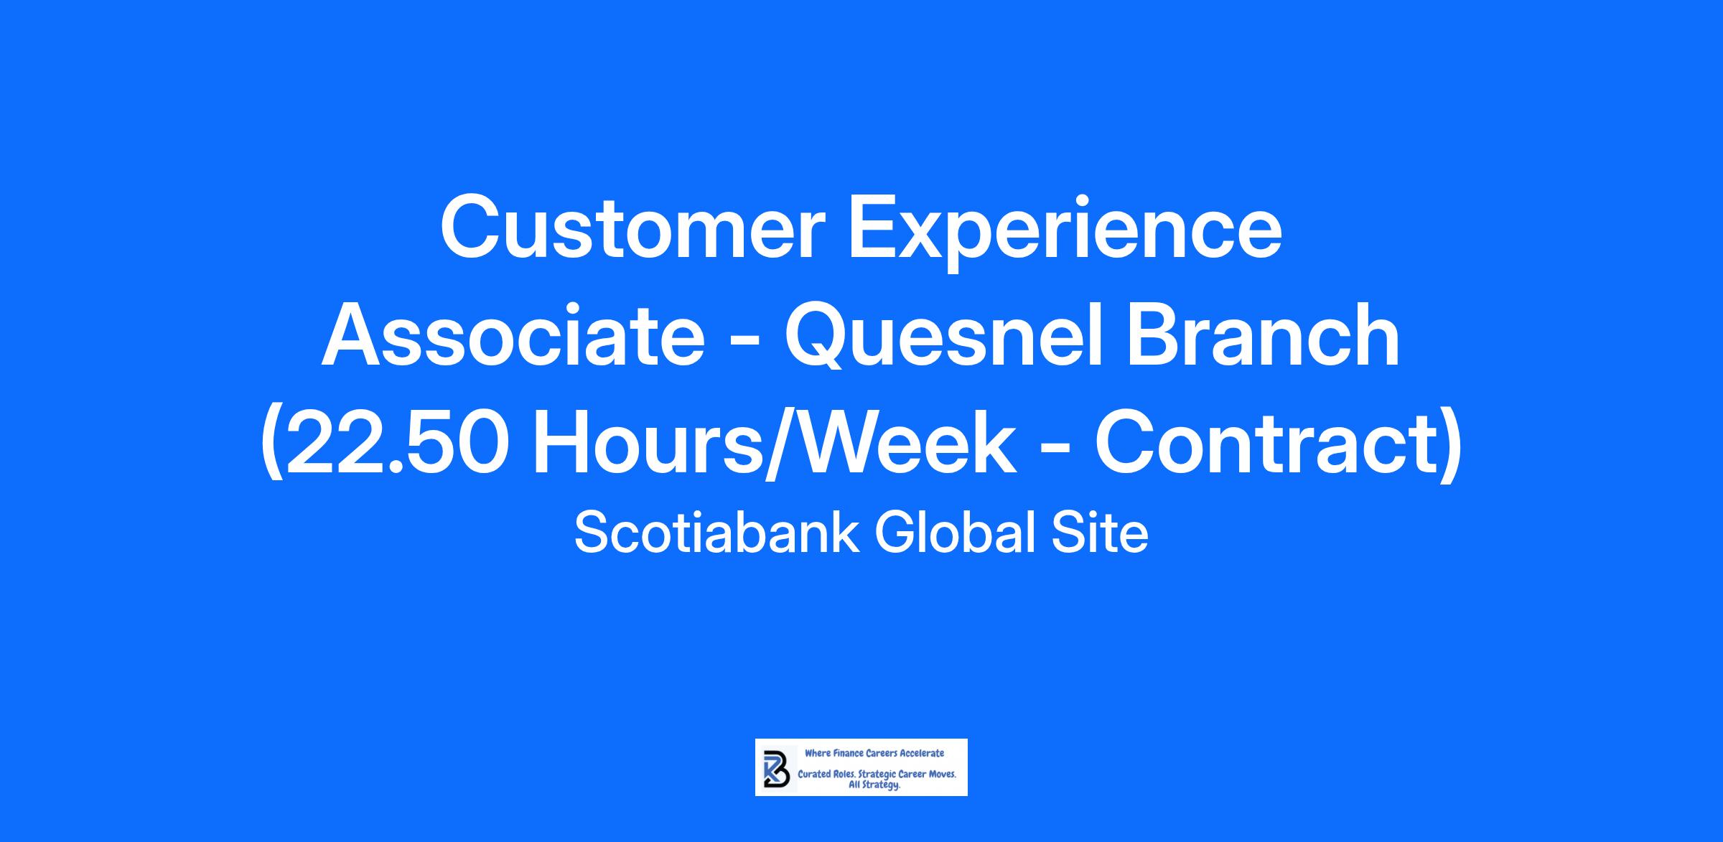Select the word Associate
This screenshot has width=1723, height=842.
click(513, 335)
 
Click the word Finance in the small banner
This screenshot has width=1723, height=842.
click(849, 753)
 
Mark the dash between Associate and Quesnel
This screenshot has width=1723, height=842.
click(744, 342)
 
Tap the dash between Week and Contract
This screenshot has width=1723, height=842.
click(1055, 450)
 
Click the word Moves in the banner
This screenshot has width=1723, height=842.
click(943, 775)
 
